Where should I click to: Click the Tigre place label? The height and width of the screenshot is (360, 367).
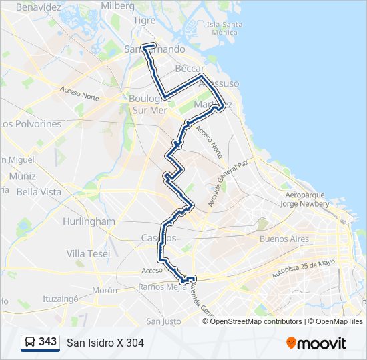[x=144, y=21]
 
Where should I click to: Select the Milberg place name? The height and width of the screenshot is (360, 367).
[x=117, y=5]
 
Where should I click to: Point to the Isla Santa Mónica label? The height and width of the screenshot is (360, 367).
[x=224, y=29]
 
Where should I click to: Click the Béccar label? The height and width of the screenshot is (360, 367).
[x=188, y=69]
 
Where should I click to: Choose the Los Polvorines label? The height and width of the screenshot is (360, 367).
[x=31, y=124]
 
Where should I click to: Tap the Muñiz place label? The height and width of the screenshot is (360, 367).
[x=23, y=176]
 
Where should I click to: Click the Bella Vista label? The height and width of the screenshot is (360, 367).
[x=39, y=192]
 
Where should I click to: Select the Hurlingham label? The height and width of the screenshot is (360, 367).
[x=89, y=221]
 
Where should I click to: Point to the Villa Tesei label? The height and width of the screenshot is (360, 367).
[x=89, y=253]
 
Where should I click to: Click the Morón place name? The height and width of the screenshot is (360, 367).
[x=105, y=291]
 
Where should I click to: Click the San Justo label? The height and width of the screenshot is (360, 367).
[x=163, y=321]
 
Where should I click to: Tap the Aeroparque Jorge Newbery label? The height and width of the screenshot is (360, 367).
[x=306, y=200]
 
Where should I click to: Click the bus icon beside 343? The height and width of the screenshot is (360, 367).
[x=30, y=342]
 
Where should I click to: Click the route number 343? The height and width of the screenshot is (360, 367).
[x=47, y=342]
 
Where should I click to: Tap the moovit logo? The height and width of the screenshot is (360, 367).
[x=316, y=343]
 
